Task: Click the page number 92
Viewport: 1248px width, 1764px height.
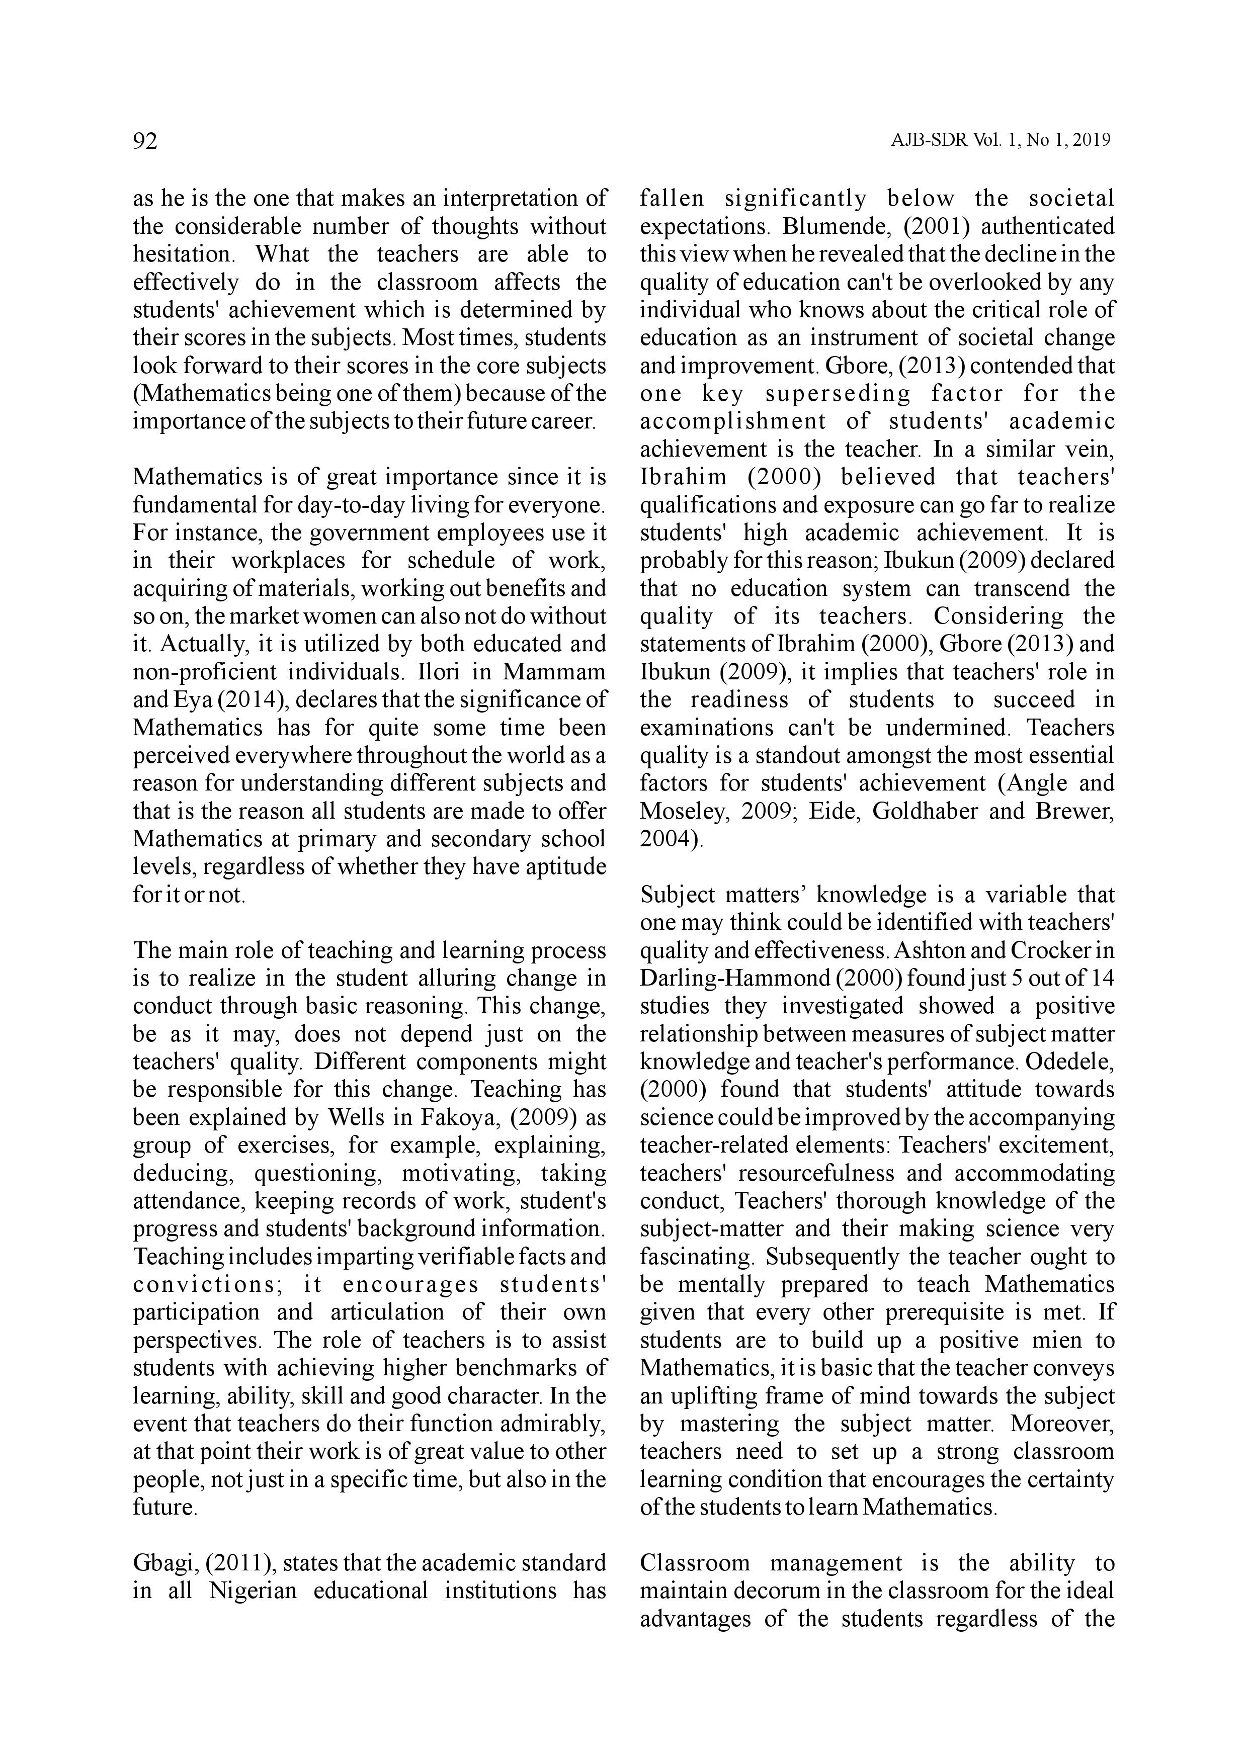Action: pyautogui.click(x=145, y=141)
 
